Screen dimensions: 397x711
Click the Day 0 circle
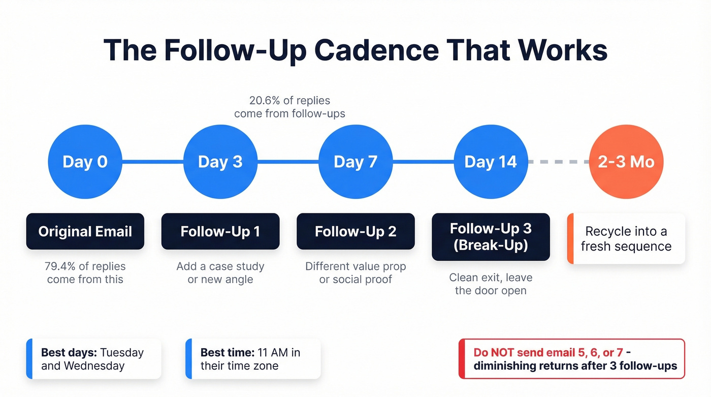(85, 162)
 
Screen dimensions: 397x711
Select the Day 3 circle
(220, 162)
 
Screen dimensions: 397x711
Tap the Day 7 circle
(355, 162)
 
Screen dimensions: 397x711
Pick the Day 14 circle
(491, 162)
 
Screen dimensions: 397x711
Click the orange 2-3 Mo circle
(626, 162)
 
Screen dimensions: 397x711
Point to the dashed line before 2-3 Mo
(559, 162)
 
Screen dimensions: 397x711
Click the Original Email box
(85, 231)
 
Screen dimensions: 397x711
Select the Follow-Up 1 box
(220, 231)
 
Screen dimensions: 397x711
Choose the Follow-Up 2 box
(355, 231)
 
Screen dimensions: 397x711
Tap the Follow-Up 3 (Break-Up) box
(491, 237)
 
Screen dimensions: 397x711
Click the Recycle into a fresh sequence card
(626, 239)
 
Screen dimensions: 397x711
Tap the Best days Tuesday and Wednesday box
(93, 359)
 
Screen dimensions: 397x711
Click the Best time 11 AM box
(253, 359)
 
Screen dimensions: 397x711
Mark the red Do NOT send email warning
(571, 359)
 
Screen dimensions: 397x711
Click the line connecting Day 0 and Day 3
(152, 162)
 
